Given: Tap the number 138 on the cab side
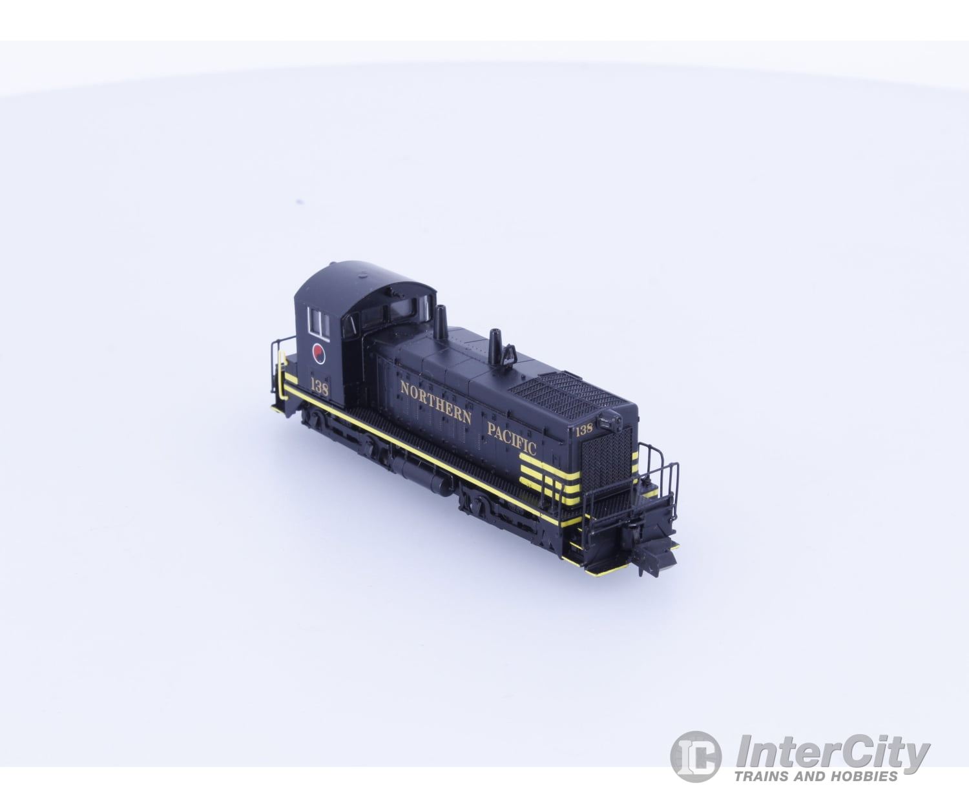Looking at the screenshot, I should click(x=319, y=388).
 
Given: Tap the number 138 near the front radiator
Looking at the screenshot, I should click(x=584, y=429).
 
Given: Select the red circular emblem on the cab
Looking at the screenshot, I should click(x=318, y=353).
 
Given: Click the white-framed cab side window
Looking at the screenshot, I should click(x=318, y=322).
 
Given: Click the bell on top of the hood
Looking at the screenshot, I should click(x=510, y=354).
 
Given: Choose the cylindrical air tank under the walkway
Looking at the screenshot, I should click(x=423, y=475).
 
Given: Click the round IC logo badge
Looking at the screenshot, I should click(x=695, y=756).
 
